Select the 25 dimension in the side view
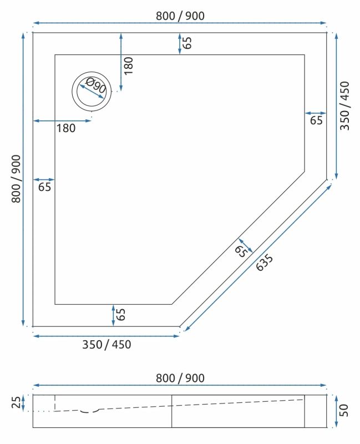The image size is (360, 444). point(16,401)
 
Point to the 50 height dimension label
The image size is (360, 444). point(344,411)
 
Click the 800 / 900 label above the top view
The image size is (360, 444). point(180,16)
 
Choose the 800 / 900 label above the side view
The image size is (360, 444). point(180,378)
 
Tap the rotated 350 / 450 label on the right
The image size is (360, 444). point(344,105)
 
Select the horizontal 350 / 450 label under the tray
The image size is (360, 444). point(107,345)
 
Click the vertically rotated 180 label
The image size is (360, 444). point(129,65)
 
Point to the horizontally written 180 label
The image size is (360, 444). point(65,129)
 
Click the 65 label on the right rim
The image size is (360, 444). point(316,120)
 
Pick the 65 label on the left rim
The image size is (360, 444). point(44,187)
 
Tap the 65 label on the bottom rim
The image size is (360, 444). point(121,315)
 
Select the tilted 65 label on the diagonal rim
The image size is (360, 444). point(240,251)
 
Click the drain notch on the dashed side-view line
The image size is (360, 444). point(89,411)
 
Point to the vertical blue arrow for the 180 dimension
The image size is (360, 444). point(121,62)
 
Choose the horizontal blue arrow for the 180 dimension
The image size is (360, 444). point(61,120)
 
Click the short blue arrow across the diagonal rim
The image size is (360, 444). point(245,245)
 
